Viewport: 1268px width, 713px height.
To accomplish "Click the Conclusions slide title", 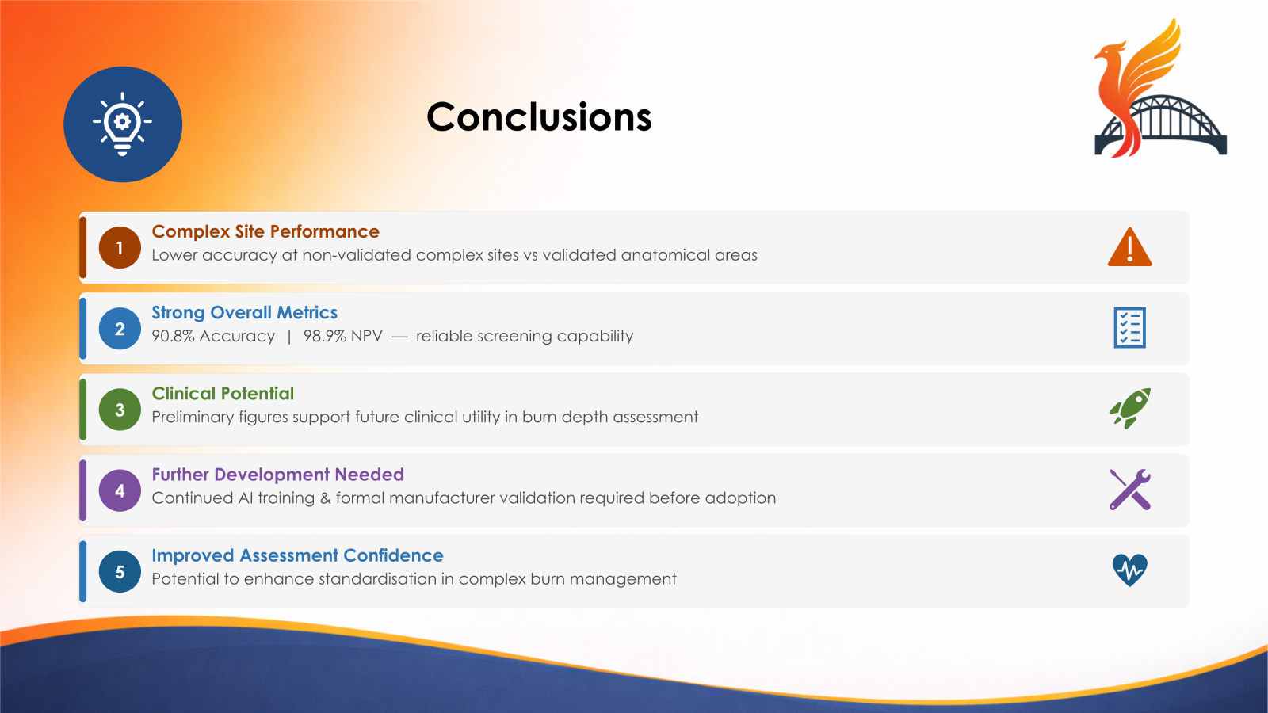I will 539,117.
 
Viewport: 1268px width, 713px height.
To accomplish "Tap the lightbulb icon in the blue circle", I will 122,124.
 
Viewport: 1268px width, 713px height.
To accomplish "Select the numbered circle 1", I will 120,248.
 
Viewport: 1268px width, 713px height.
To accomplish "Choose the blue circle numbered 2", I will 120,329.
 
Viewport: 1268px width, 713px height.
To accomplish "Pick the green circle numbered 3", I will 120,410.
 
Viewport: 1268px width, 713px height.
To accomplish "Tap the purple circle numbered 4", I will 120,490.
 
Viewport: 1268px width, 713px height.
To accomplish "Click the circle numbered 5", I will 120,572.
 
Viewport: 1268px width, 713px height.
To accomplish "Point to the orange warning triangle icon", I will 1129,248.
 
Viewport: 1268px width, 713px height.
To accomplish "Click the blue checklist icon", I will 1129,328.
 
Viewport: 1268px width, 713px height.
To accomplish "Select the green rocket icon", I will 1129,409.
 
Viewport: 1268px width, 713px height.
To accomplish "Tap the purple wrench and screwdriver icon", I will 1129,490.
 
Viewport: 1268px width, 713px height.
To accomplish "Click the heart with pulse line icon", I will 1129,570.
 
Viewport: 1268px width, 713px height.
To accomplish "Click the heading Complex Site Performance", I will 265,231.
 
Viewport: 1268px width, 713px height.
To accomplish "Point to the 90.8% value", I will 173,336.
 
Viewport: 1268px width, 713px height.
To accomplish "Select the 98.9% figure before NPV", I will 325,336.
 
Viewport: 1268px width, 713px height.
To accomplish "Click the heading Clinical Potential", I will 223,394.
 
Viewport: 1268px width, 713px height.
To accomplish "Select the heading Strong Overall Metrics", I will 244,313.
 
